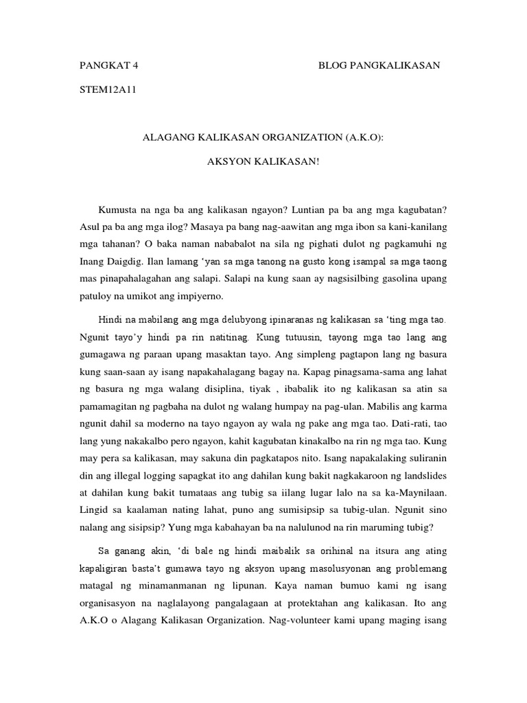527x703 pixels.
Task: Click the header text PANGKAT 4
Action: coord(110,65)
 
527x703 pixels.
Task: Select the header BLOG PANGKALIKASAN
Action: coord(379,65)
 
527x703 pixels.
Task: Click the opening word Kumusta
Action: coord(119,207)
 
